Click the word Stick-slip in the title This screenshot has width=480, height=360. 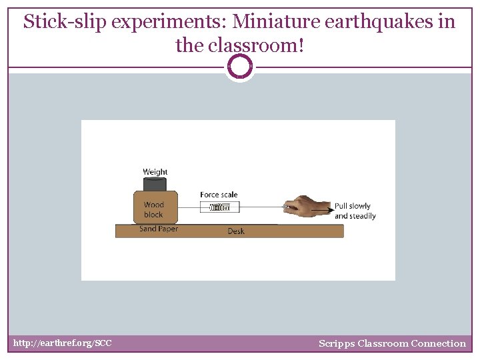click(x=65, y=22)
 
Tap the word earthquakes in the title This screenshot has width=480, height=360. click(x=383, y=22)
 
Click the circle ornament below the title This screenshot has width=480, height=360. click(x=240, y=67)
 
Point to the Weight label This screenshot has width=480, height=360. click(x=155, y=172)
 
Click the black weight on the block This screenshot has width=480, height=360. click(x=155, y=185)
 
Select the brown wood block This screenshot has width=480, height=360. click(x=155, y=208)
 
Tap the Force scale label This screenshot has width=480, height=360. click(x=219, y=195)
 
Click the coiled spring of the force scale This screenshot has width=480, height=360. click(x=219, y=207)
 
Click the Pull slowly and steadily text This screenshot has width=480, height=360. click(x=355, y=211)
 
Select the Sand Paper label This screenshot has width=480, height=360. click(x=159, y=229)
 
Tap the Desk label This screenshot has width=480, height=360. click(x=236, y=231)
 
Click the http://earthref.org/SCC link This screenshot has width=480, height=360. click(x=63, y=343)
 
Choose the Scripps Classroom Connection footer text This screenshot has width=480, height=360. click(x=392, y=343)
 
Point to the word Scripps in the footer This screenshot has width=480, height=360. click(x=336, y=343)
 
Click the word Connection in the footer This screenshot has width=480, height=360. click(x=438, y=343)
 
